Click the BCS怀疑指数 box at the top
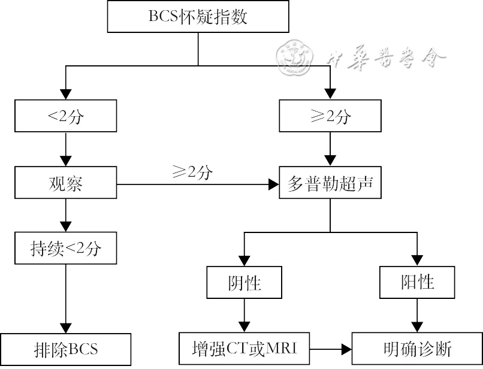[x=198, y=17]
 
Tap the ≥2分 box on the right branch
[x=329, y=116]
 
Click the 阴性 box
[x=244, y=282]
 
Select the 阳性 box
[x=417, y=282]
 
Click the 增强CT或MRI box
[x=244, y=349]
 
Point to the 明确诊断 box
[x=417, y=349]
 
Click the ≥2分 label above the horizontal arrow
[x=192, y=173]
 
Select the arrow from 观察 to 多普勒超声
[x=198, y=184]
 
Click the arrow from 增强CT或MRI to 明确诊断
[x=330, y=349]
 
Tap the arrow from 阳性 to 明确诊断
[x=417, y=314]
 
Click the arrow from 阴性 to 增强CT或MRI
[x=244, y=314]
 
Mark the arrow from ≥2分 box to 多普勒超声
[x=329, y=150]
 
